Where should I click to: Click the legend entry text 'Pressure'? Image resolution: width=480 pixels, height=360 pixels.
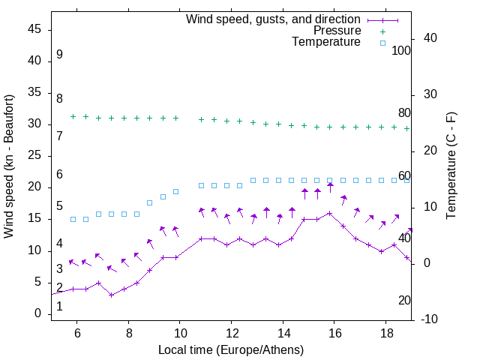pyautogui.click(x=337, y=31)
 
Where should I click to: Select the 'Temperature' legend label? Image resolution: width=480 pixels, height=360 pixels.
pyautogui.click(x=326, y=43)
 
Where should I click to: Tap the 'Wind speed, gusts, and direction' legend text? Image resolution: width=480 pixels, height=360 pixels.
pyautogui.click(x=274, y=19)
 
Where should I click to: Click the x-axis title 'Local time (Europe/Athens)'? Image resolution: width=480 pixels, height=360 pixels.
pyautogui.click(x=231, y=350)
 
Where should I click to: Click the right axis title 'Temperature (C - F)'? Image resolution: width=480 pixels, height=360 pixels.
pyautogui.click(x=451, y=166)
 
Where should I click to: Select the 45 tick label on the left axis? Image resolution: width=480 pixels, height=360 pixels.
pyautogui.click(x=35, y=30)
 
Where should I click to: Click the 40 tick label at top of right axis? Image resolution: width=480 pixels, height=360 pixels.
pyautogui.click(x=430, y=38)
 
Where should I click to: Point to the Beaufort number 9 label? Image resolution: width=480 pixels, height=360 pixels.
pyautogui.click(x=59, y=55)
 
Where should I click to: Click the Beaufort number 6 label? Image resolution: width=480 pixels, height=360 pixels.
pyautogui.click(x=59, y=175)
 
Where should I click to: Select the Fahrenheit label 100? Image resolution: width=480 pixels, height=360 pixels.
pyautogui.click(x=401, y=51)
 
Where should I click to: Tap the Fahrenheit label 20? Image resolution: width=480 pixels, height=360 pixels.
pyautogui.click(x=404, y=301)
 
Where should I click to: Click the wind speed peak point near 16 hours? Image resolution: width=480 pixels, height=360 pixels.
pyautogui.click(x=330, y=213)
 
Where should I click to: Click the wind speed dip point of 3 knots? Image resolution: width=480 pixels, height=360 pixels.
pyautogui.click(x=111, y=295)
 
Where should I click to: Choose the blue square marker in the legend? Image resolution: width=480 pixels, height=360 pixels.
pyautogui.click(x=382, y=43)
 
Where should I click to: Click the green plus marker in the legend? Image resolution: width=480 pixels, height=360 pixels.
pyautogui.click(x=382, y=31)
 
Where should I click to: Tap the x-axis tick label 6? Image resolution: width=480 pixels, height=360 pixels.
pyautogui.click(x=77, y=332)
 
